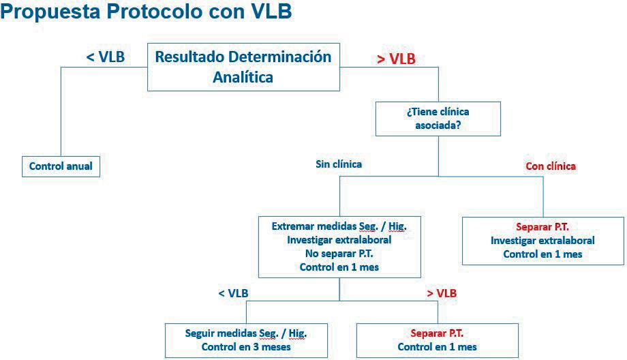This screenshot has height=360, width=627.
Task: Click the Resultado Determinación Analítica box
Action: [x=243, y=66]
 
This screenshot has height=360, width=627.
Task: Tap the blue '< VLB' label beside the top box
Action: [x=106, y=57]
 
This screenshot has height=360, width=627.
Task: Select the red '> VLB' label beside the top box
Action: [x=396, y=59]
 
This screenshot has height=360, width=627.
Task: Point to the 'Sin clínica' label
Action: [x=339, y=164]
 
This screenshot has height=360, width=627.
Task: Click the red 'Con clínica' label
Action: [x=551, y=166]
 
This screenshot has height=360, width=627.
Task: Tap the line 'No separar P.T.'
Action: [x=339, y=254]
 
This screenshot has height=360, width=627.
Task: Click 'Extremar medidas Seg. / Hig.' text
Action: [x=339, y=226]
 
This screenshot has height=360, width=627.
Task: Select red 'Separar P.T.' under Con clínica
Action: [x=542, y=226]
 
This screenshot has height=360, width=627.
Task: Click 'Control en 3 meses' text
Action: [x=246, y=347]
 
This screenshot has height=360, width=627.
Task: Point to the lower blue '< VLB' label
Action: [x=233, y=293]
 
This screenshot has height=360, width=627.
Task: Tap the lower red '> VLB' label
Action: [x=442, y=293]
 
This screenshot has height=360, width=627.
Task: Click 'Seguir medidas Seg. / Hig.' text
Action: [x=246, y=333]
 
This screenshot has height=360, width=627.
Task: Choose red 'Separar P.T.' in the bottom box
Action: [x=437, y=333]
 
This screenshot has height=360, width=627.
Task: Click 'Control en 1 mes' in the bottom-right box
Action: [x=437, y=347]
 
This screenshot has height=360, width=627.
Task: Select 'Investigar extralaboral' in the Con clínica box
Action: [x=542, y=240]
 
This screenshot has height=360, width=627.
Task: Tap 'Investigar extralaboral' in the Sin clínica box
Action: [x=339, y=240]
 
